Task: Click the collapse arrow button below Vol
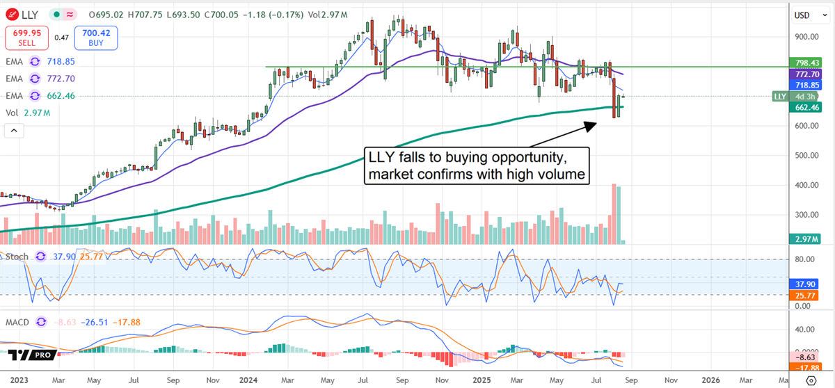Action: tap(14, 130)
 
